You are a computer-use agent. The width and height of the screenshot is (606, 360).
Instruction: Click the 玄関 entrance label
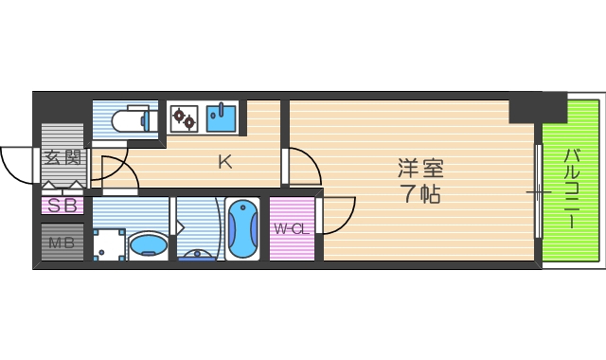[62, 158]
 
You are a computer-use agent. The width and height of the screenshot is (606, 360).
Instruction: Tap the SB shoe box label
[62, 205]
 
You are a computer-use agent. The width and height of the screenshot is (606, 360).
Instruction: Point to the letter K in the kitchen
[224, 162]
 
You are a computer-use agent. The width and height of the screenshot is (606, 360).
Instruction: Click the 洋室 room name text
[419, 171]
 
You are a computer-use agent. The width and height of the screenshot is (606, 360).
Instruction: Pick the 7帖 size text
[419, 196]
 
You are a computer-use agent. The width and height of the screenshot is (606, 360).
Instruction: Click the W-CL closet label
[292, 228]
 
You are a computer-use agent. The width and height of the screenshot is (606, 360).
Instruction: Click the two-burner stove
[183, 118]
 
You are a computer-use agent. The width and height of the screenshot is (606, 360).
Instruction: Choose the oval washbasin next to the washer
[148, 246]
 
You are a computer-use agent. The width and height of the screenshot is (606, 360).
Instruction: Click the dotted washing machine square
[109, 243]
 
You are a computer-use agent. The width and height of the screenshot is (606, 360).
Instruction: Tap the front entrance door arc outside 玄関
[17, 166]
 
